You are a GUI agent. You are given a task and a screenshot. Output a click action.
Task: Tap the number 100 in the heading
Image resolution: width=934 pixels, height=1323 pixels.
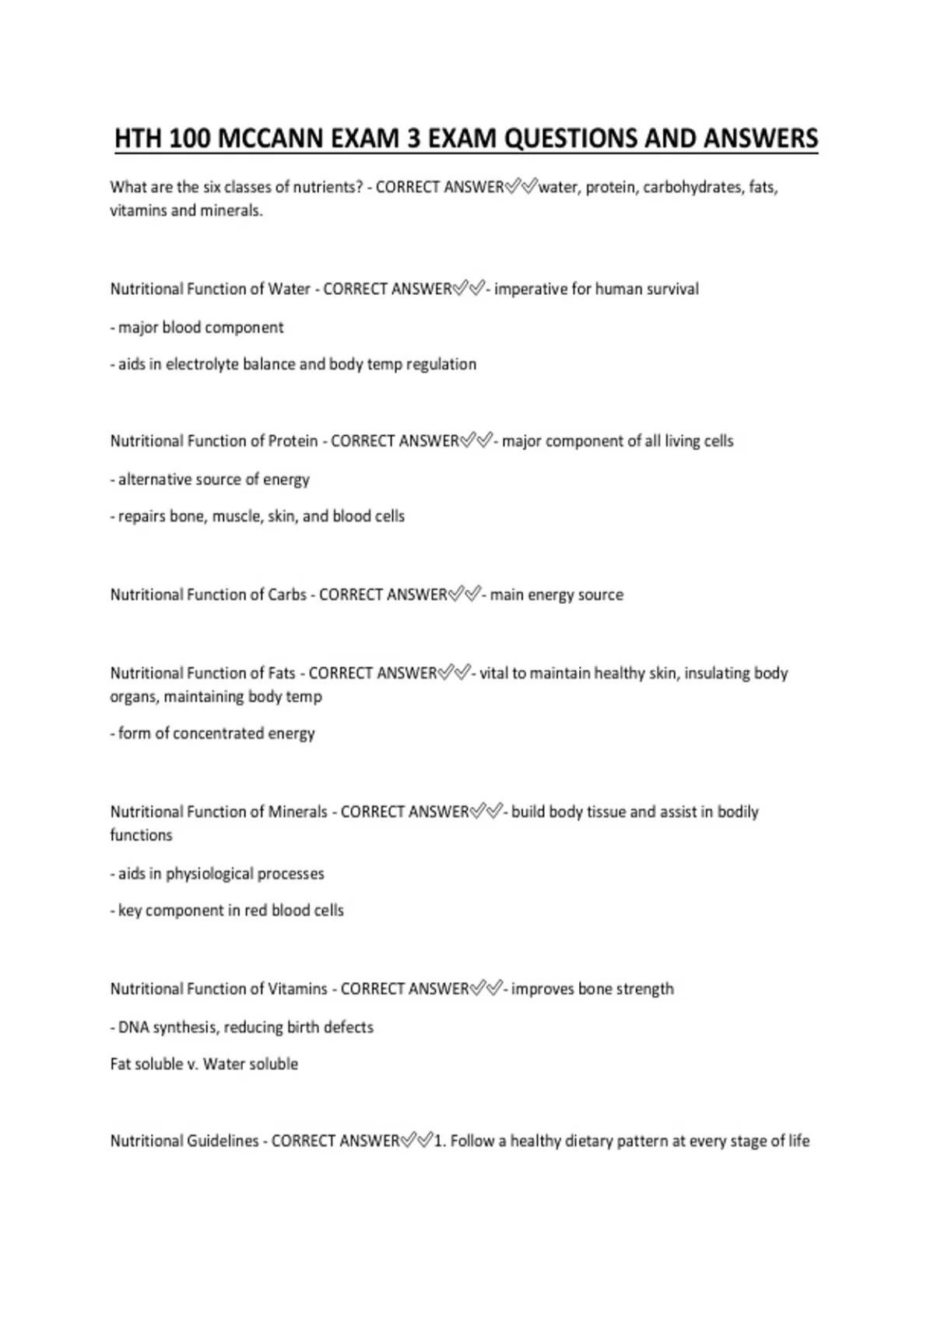(x=188, y=139)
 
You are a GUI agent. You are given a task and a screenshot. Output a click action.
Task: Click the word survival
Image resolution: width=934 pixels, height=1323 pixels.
(x=672, y=290)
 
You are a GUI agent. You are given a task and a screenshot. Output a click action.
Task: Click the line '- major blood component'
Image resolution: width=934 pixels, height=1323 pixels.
(x=197, y=328)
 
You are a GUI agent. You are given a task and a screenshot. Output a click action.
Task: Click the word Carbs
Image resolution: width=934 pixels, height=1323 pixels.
(x=287, y=595)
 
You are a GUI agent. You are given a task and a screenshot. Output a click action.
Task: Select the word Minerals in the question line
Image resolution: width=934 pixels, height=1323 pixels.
(x=297, y=812)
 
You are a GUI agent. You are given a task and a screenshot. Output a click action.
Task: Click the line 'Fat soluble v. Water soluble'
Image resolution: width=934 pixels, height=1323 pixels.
(x=204, y=1064)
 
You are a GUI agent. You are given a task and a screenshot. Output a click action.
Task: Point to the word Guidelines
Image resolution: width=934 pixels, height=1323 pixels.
(x=223, y=1142)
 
